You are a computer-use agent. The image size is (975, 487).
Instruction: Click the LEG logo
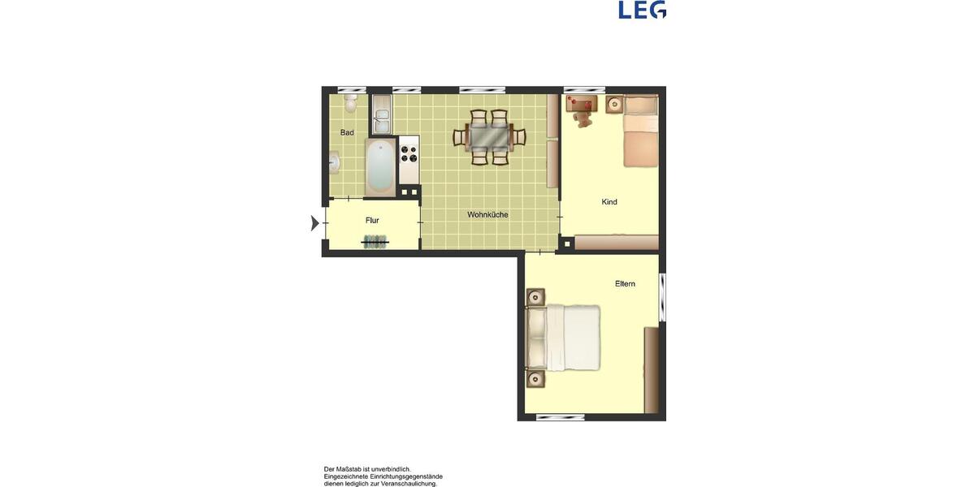tap(642, 10)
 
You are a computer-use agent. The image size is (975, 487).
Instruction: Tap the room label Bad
tap(347, 132)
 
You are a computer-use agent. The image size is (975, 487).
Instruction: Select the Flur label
tap(372, 220)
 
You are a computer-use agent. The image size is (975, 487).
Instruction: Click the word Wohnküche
tap(487, 215)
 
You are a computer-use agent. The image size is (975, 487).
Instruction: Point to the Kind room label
tap(609, 202)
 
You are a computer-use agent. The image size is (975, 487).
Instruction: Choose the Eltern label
tap(625, 284)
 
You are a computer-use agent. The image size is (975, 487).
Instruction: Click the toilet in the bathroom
tap(350, 102)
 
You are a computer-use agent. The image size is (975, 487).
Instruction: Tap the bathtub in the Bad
tap(379, 167)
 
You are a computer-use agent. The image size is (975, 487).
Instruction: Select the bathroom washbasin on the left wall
tap(334, 162)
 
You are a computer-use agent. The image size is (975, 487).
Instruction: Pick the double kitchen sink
tap(382, 114)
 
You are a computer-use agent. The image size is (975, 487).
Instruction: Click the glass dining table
tap(489, 137)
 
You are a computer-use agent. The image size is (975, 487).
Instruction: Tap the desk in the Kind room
tap(582, 102)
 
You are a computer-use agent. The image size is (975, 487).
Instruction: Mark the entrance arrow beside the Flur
tap(315, 222)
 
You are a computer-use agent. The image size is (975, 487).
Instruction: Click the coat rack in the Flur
tap(375, 241)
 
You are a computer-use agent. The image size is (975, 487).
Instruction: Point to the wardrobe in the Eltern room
tap(651, 370)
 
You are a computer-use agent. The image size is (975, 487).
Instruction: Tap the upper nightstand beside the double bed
tap(535, 298)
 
